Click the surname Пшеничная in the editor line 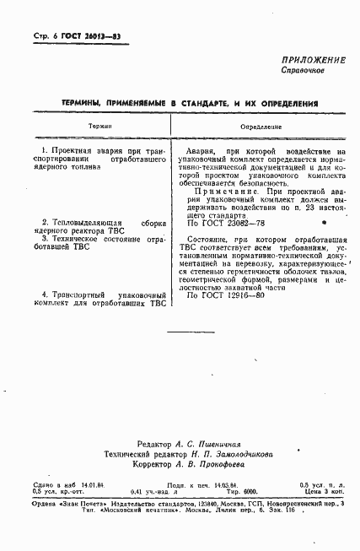point(238,444)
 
